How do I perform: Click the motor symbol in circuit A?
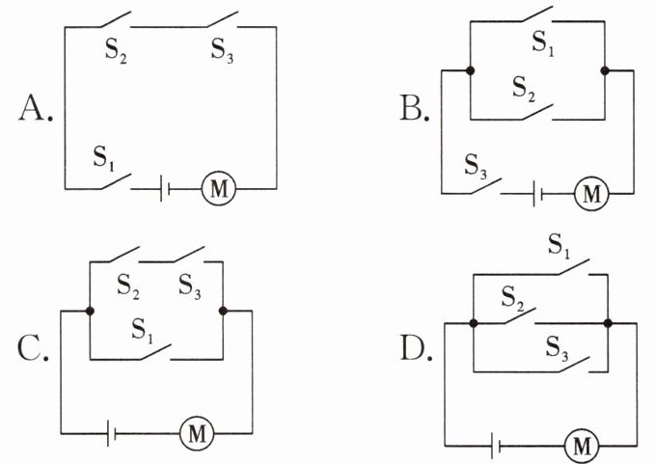[x=218, y=189]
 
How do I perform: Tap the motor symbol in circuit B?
[x=591, y=194]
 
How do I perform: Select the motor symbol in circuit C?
[x=197, y=433]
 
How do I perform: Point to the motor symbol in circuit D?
[x=582, y=446]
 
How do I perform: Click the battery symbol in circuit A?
[x=165, y=189]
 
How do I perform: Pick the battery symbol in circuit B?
[x=538, y=194]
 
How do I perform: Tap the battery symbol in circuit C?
[x=111, y=433]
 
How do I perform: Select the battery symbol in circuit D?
[x=496, y=446]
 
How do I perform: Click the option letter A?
[x=36, y=108]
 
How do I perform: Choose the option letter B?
[x=415, y=107]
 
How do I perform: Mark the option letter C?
[x=33, y=348]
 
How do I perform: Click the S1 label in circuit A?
[x=103, y=157]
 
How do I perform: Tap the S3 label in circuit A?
[x=222, y=50]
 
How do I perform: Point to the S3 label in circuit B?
[x=476, y=166]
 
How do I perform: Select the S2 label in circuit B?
[x=524, y=89]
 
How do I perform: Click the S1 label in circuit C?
[x=143, y=330]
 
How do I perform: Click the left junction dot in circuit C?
[x=90, y=311]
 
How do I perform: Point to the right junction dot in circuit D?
[x=608, y=323]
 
